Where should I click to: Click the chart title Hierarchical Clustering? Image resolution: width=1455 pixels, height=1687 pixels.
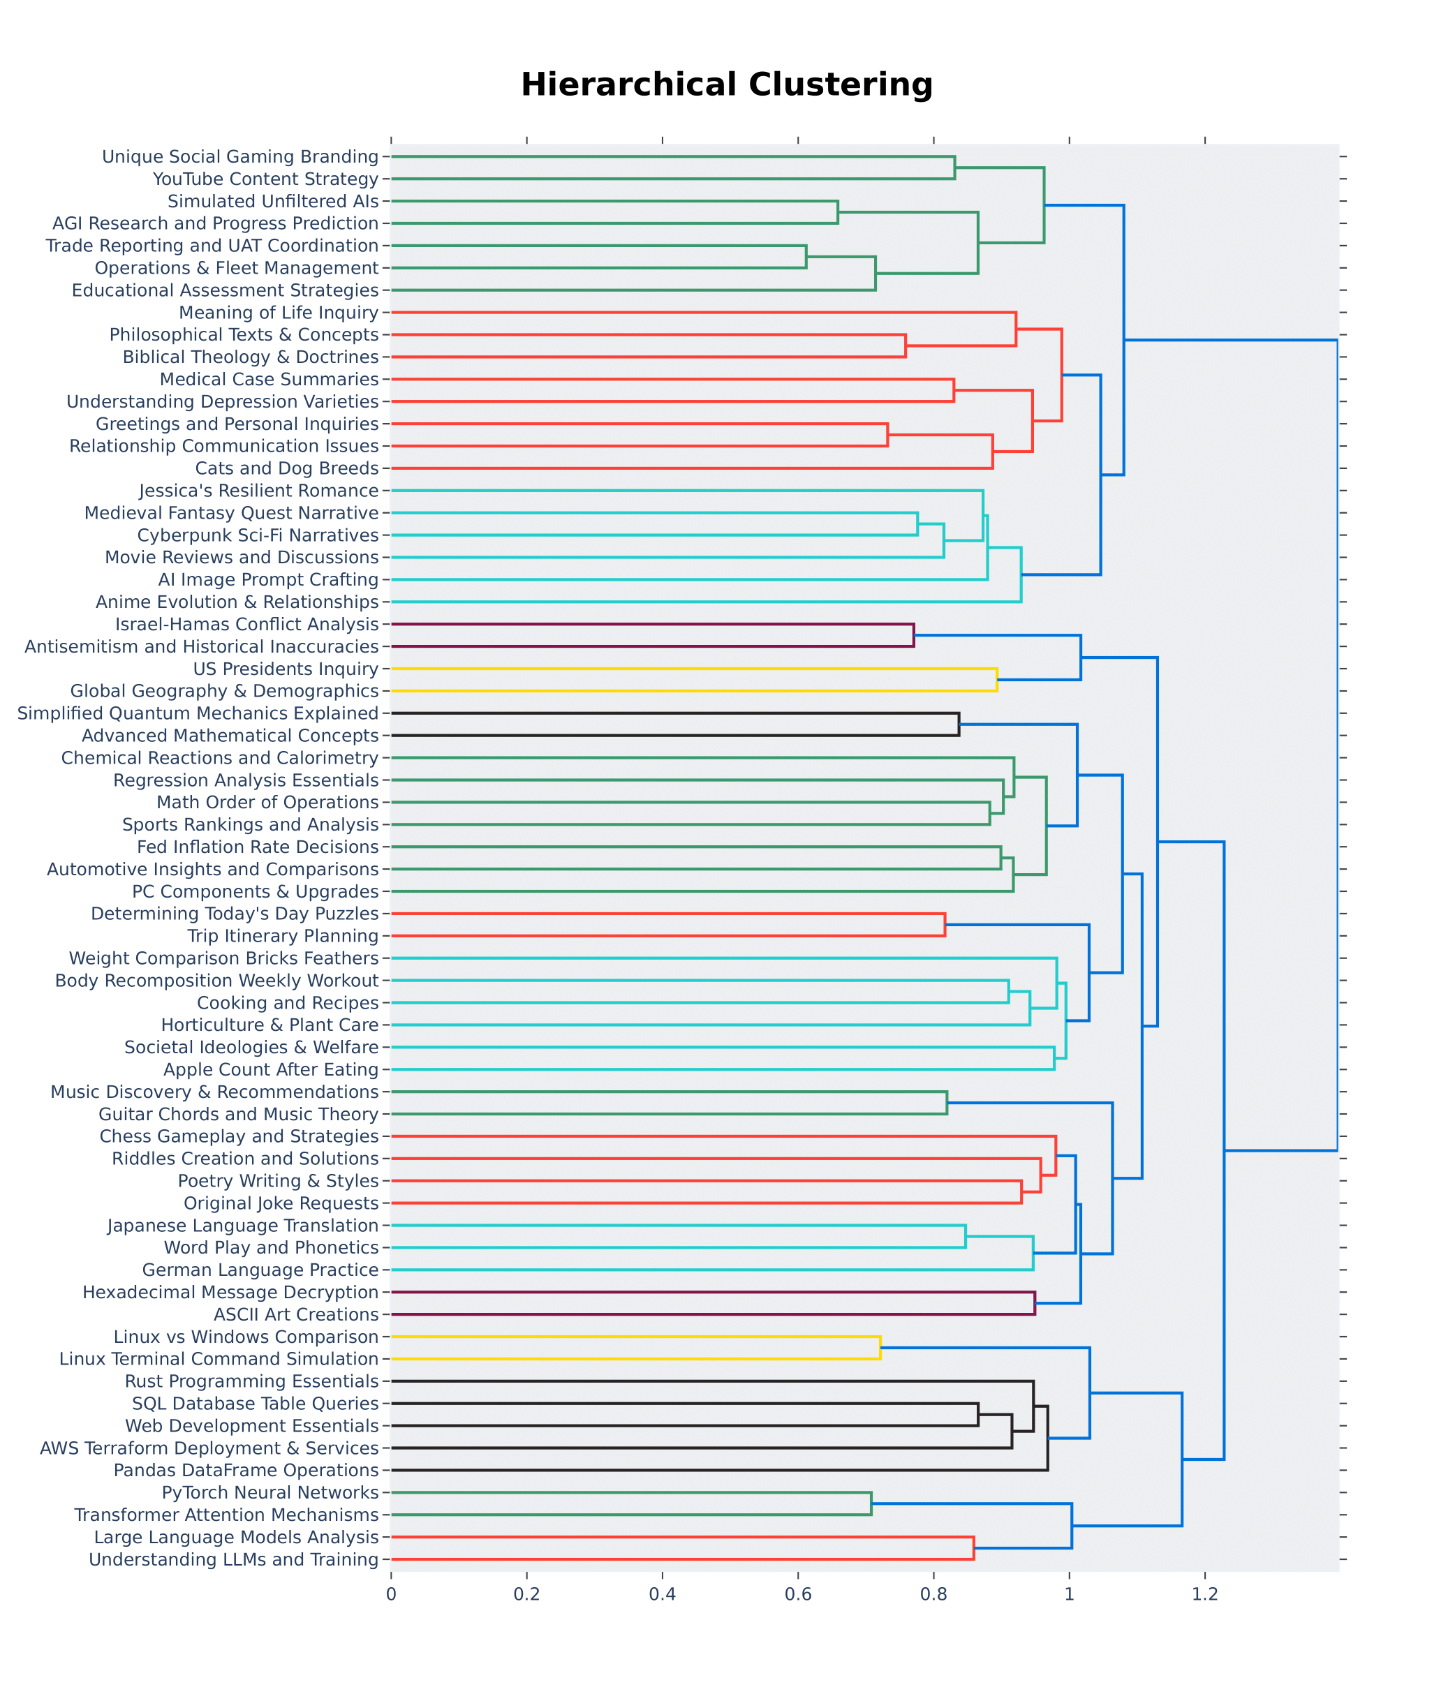coord(726,84)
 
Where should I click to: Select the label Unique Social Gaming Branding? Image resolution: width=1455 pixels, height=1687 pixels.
coord(240,156)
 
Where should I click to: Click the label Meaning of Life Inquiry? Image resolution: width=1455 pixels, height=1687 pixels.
coord(279,313)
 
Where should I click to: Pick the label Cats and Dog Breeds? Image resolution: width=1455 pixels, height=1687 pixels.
coord(287,468)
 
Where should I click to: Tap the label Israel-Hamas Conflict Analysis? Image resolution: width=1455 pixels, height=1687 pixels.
coord(246,625)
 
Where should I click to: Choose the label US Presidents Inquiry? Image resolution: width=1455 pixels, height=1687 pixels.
coord(286,669)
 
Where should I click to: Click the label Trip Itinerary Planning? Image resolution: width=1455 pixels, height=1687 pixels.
coord(283,936)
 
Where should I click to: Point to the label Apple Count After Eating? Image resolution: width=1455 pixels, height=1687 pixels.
coord(271,1070)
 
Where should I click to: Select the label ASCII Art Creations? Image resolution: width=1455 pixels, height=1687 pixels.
coord(296,1315)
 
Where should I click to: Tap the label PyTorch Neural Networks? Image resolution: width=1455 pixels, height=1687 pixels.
coord(270,1493)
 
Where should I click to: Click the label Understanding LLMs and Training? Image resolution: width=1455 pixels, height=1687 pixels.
coord(234,1560)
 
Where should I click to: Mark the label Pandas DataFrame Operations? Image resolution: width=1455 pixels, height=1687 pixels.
coord(246,1471)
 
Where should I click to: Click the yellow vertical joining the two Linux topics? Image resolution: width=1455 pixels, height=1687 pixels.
coord(880,1348)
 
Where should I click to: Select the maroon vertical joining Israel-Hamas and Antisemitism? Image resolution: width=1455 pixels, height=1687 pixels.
coord(913,636)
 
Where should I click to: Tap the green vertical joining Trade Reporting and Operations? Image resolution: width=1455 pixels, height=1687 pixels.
coord(806,256)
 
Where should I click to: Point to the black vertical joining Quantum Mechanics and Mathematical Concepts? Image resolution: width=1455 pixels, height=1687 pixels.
coord(959,724)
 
